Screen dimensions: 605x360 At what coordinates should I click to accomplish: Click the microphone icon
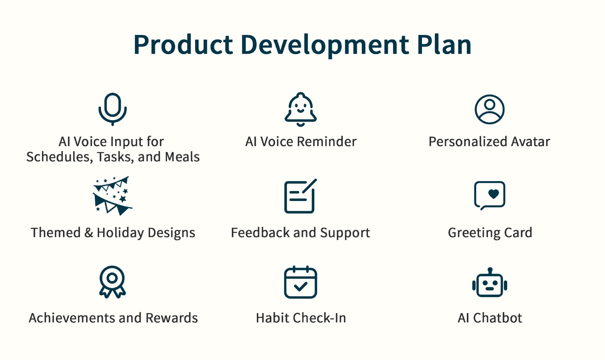[x=113, y=109]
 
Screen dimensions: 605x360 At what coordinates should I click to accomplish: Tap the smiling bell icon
[x=300, y=109]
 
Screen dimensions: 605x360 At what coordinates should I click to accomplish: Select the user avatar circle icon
[x=489, y=109]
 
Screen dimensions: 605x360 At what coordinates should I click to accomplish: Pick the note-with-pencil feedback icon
[x=300, y=196]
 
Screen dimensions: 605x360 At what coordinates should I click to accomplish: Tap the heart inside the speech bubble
[x=493, y=194]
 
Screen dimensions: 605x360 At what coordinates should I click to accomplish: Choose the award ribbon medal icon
[x=112, y=282]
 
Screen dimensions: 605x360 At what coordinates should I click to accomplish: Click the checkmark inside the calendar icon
[x=300, y=286]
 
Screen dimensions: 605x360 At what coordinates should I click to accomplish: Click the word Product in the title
[x=183, y=45]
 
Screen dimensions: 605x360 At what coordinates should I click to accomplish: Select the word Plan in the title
[x=444, y=44]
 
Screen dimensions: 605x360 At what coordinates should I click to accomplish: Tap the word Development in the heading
[x=325, y=45]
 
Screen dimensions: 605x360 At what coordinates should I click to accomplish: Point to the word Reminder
[x=327, y=141]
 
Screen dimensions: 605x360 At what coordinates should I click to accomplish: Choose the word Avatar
[x=530, y=141]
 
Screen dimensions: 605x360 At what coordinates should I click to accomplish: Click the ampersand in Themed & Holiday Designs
[x=89, y=232]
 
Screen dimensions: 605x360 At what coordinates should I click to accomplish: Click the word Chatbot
[x=498, y=318]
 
